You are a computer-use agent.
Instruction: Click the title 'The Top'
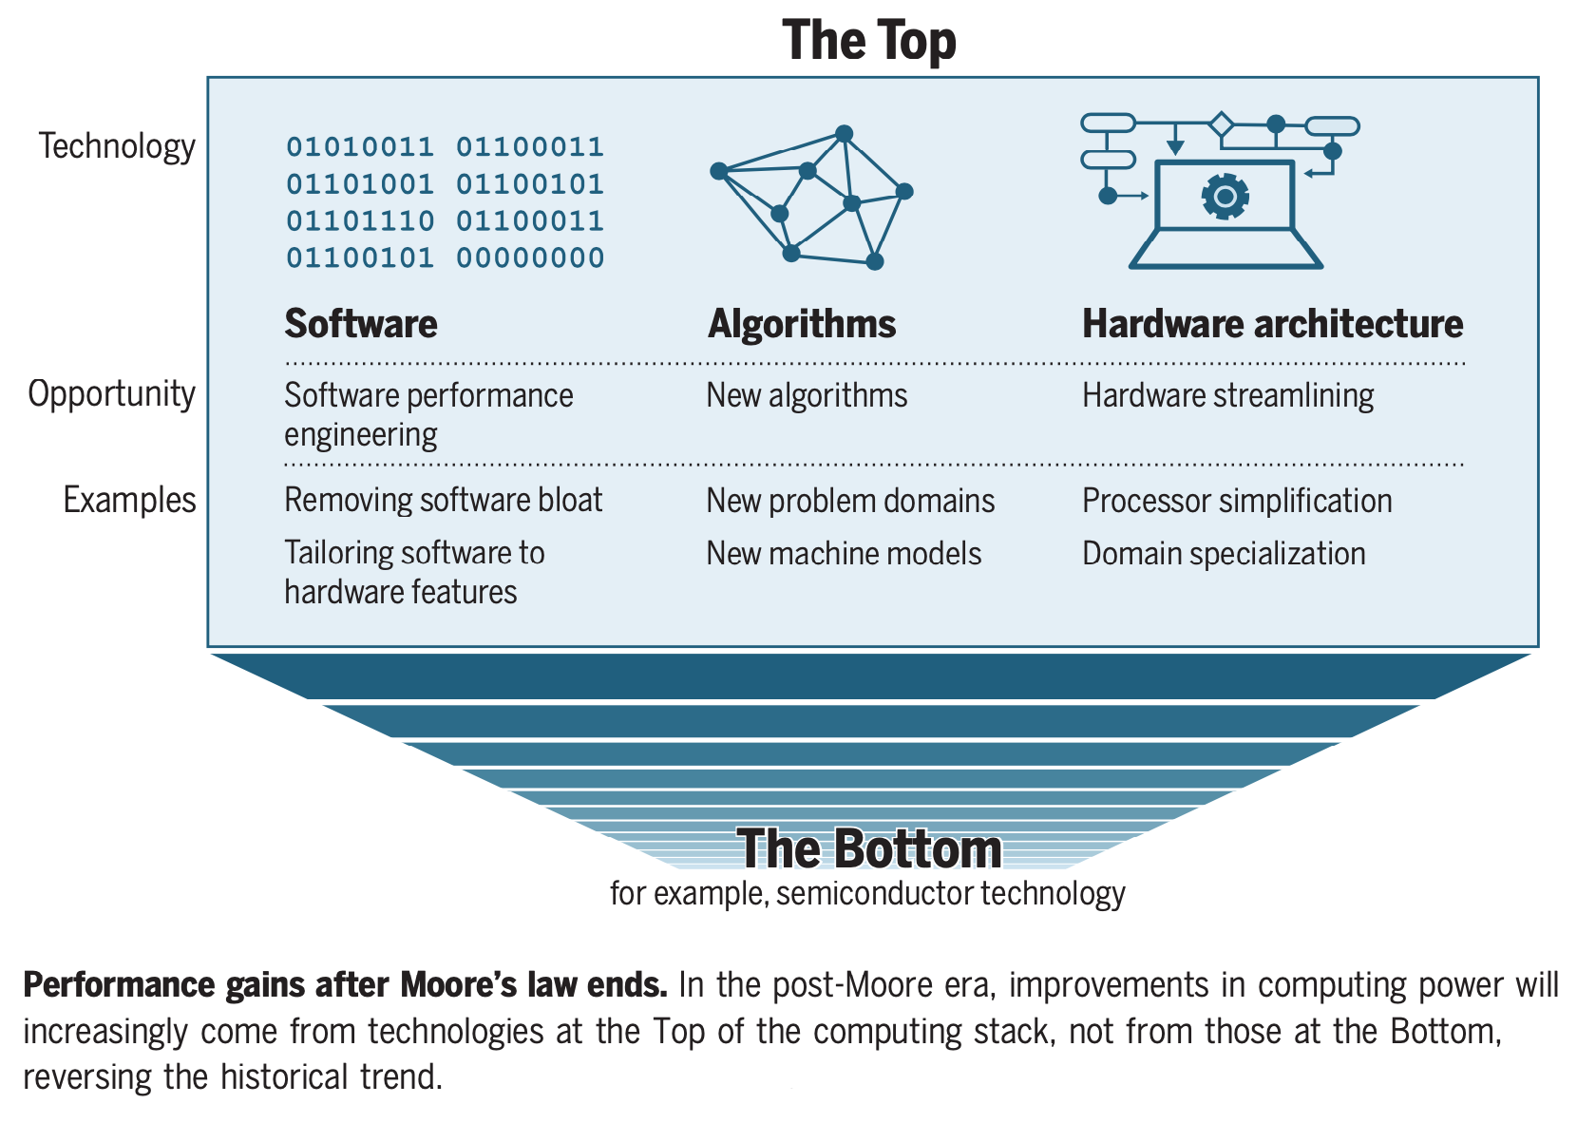pyautogui.click(x=869, y=41)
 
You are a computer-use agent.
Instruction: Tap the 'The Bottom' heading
pyautogui.click(x=869, y=848)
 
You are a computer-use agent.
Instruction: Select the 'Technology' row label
pyautogui.click(x=117, y=146)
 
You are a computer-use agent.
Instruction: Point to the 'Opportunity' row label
pyautogui.click(x=111, y=393)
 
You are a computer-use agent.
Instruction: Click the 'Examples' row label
pyautogui.click(x=129, y=500)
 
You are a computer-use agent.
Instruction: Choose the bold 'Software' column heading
pyautogui.click(x=361, y=324)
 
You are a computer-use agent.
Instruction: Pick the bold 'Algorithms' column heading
pyautogui.click(x=802, y=324)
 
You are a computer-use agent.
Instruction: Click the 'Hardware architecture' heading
pyautogui.click(x=1272, y=324)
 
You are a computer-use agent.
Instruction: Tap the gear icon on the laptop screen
pyautogui.click(x=1225, y=197)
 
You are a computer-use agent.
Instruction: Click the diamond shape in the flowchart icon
pyautogui.click(x=1221, y=124)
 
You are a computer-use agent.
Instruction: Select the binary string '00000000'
pyautogui.click(x=530, y=258)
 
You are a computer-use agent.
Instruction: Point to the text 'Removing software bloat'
pyautogui.click(x=443, y=500)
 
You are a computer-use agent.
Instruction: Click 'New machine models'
pyautogui.click(x=844, y=553)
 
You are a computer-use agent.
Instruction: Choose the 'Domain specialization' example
pyautogui.click(x=1224, y=553)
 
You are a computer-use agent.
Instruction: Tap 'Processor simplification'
pyautogui.click(x=1237, y=501)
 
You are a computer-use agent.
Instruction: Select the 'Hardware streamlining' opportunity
pyautogui.click(x=1227, y=395)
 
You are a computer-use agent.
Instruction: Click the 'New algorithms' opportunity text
pyautogui.click(x=807, y=395)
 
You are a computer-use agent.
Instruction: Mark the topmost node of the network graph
pyautogui.click(x=844, y=134)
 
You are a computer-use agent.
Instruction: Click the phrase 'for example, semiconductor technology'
pyautogui.click(x=867, y=893)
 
